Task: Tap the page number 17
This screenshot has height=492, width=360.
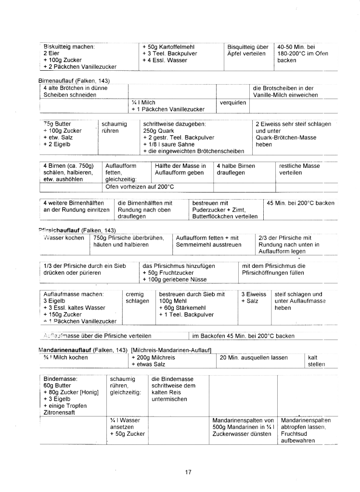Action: (x=188, y=472)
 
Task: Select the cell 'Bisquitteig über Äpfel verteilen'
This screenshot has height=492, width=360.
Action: (x=247, y=50)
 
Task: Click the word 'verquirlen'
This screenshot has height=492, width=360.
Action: (x=233, y=102)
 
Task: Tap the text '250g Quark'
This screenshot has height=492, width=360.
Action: (x=158, y=131)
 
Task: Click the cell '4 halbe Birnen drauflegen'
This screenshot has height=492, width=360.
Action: (x=236, y=169)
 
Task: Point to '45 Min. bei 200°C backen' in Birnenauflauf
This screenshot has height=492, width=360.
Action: (x=300, y=203)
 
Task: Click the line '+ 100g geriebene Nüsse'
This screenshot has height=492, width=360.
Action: (x=175, y=279)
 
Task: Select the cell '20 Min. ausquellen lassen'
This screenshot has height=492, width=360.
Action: (x=254, y=358)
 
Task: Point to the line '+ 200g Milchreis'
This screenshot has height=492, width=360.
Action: (x=153, y=358)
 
